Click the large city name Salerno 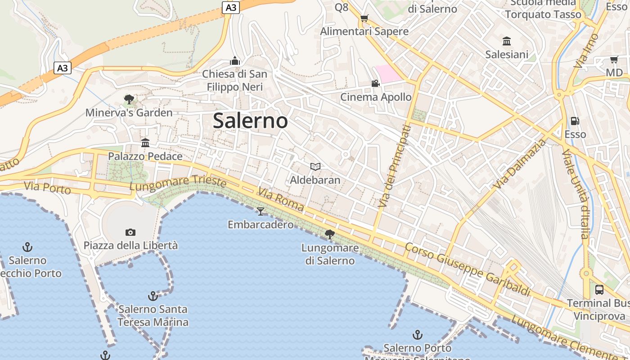250,121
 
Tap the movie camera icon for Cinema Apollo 375,83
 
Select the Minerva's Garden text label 129,112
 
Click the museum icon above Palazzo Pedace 145,143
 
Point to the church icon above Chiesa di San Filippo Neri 234,61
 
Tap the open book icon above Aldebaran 315,167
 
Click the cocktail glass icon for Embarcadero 261,211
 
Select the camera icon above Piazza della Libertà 130,232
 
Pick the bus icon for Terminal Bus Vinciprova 599,289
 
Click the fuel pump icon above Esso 575,121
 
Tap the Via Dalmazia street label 519,164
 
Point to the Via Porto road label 48,188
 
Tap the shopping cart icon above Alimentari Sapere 364,18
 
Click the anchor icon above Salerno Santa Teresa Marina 153,296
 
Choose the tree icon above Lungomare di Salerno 330,234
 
